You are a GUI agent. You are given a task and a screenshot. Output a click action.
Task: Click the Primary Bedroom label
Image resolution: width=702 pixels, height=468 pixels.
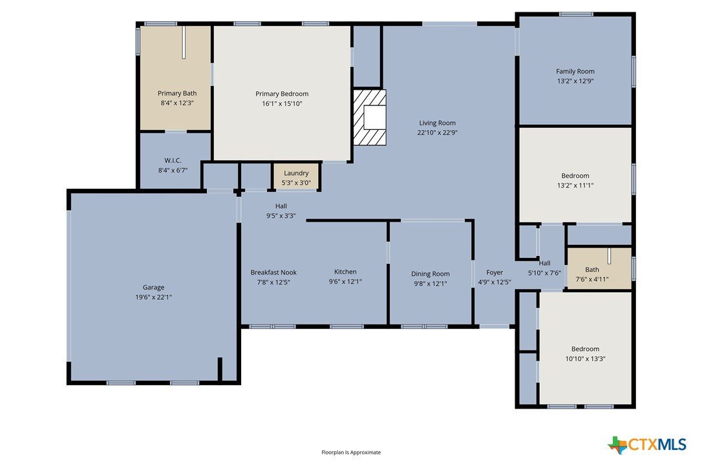point(282,94)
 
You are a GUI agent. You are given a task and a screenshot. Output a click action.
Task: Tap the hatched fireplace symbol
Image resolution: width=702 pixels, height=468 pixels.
point(369,118)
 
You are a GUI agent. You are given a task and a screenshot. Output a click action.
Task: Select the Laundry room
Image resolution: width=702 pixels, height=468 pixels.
point(296,177)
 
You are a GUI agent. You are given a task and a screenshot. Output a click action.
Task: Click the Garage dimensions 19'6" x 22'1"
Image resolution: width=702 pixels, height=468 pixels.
point(154,297)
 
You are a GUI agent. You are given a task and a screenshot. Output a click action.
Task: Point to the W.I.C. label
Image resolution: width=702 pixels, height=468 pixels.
point(173,160)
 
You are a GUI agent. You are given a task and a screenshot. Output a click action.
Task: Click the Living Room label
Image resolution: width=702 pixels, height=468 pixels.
point(438,123)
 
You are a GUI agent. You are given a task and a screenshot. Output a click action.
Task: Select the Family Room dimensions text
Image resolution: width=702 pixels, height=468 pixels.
point(575,81)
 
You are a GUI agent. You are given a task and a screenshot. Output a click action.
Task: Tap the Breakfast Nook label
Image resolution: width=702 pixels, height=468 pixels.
point(273,272)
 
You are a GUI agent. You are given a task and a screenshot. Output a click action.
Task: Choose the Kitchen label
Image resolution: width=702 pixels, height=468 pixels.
point(345,271)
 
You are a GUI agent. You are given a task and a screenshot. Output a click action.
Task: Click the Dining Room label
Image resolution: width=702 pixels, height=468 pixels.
point(431,273)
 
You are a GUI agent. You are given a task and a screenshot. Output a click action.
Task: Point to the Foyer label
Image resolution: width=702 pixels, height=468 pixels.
point(495,272)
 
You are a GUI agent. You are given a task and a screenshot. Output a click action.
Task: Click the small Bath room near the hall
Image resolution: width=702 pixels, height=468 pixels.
point(599,268)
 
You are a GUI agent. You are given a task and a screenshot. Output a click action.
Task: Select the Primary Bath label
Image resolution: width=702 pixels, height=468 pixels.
point(177,93)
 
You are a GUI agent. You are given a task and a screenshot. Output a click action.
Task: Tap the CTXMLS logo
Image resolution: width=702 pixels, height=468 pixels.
point(647,445)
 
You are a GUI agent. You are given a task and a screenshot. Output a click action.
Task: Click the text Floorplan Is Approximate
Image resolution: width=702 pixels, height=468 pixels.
point(351,452)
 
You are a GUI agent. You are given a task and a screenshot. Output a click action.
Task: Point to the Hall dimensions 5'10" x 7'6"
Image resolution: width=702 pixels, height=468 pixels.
point(544,273)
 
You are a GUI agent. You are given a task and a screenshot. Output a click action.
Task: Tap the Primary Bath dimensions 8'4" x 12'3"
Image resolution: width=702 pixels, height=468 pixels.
point(177,103)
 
